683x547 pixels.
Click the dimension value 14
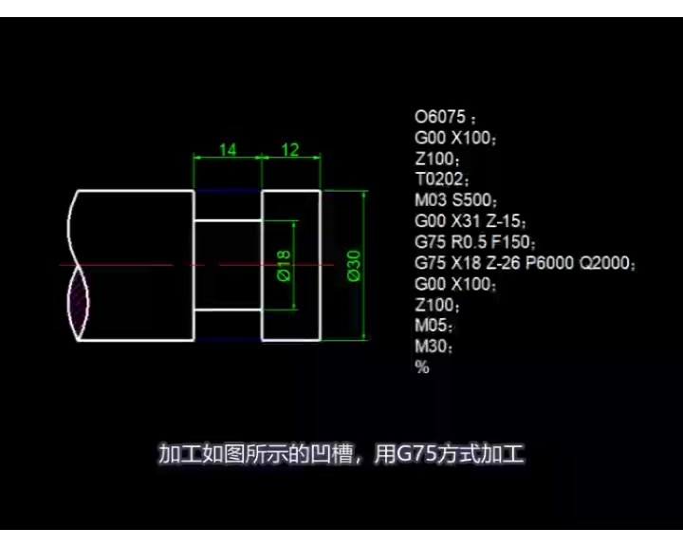pyautogui.click(x=228, y=149)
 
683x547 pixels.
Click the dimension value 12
pyautogui.click(x=290, y=149)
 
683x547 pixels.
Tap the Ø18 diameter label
pyautogui.click(x=283, y=264)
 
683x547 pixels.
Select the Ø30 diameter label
pyautogui.click(x=353, y=264)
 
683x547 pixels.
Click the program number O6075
pyautogui.click(x=441, y=118)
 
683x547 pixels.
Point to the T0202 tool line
pyautogui.click(x=442, y=179)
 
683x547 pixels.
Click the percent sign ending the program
pyautogui.click(x=422, y=368)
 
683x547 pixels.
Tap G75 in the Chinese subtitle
pyautogui.click(x=415, y=455)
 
